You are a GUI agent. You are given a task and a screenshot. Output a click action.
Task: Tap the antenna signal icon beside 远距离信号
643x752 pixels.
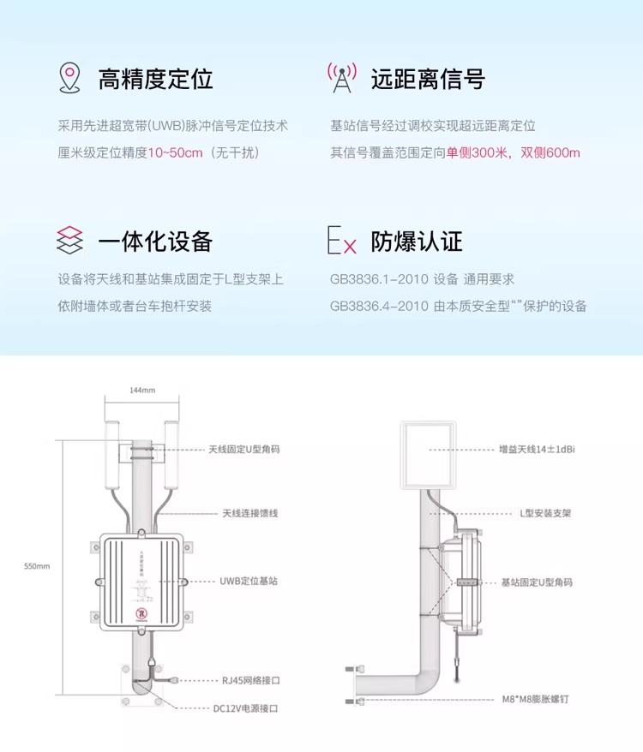pos(342,78)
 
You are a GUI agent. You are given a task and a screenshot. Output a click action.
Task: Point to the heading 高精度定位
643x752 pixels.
pos(155,79)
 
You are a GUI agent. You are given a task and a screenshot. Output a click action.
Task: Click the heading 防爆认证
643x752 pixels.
pos(417,242)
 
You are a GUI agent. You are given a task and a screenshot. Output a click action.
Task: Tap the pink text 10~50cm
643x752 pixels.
pos(176,153)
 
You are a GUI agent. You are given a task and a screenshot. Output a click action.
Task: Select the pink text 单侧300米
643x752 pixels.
pos(478,153)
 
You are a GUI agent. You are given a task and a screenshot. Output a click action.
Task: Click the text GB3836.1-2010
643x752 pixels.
pos(379,279)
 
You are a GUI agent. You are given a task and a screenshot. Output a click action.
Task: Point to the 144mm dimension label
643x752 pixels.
pos(142,391)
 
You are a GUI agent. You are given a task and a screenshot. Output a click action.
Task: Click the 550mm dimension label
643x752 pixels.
pos(38,566)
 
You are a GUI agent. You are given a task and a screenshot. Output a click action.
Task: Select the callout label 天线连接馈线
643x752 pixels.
pos(250,513)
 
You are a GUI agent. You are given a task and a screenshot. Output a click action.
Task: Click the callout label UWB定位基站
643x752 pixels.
pos(249,581)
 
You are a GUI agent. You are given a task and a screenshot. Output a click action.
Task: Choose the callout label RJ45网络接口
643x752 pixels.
pos(251,680)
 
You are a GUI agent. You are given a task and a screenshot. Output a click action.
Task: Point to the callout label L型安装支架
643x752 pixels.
pos(546,513)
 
